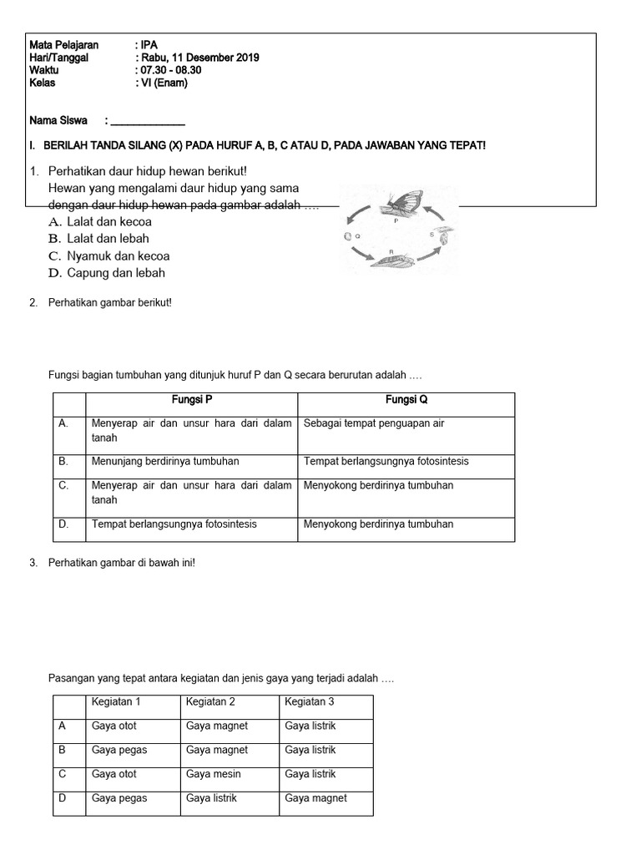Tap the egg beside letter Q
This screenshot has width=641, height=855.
click(x=346, y=237)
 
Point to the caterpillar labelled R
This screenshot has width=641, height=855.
click(x=393, y=260)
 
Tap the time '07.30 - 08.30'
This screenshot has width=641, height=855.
click(x=170, y=70)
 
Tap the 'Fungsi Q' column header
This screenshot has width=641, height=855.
click(x=406, y=400)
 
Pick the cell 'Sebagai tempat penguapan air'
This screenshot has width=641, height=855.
click(x=374, y=423)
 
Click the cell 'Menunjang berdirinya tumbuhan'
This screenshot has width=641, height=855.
click(x=165, y=461)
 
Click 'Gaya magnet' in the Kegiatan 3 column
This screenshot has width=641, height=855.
click(x=316, y=798)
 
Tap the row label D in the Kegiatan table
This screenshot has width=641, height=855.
click(x=62, y=798)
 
